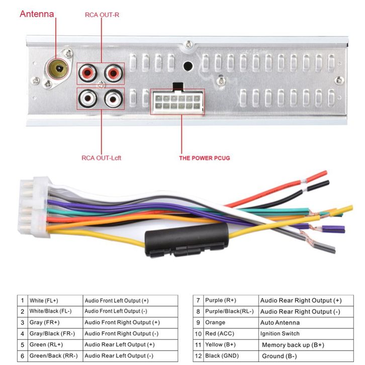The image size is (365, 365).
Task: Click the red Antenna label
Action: [37, 14]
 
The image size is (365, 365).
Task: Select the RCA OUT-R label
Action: [102, 15]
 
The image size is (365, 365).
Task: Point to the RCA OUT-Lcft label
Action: [102, 158]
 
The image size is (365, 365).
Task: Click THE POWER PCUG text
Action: [205, 158]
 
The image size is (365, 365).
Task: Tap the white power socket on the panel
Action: [177, 102]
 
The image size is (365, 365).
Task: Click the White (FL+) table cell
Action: [54, 301]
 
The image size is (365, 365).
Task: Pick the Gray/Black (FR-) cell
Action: [54, 333]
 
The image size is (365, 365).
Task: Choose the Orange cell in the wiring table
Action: [230, 322]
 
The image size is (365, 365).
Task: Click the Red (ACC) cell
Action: [230, 333]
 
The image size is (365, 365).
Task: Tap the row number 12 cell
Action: [198, 356]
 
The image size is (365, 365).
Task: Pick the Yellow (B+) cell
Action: [230, 345]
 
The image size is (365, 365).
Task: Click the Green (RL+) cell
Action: [54, 345]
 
